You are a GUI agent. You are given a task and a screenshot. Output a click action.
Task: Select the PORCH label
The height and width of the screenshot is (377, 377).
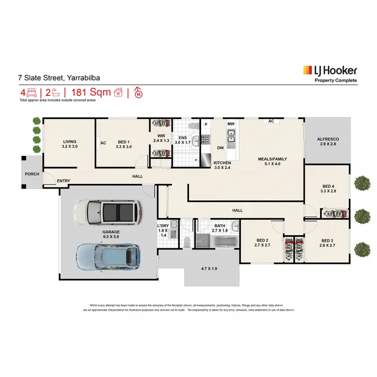click(x=32, y=175)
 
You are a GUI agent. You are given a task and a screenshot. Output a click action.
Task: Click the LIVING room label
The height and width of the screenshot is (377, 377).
click(x=69, y=142)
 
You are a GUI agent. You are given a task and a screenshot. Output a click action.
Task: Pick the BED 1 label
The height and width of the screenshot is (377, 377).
click(x=123, y=142)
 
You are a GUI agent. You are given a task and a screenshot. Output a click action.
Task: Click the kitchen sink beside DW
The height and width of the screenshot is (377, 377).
click(x=231, y=136)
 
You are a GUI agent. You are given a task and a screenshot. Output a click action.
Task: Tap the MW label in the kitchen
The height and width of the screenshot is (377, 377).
click(x=231, y=124)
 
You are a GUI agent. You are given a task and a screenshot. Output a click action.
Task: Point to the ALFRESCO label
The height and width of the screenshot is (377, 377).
click(x=328, y=139)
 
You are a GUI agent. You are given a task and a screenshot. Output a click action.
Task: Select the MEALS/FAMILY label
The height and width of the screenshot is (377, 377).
click(x=272, y=159)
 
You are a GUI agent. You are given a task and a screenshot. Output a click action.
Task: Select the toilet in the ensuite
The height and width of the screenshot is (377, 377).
click(x=191, y=126)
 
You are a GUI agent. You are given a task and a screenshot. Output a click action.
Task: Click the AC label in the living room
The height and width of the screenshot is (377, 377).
click(x=104, y=143)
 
